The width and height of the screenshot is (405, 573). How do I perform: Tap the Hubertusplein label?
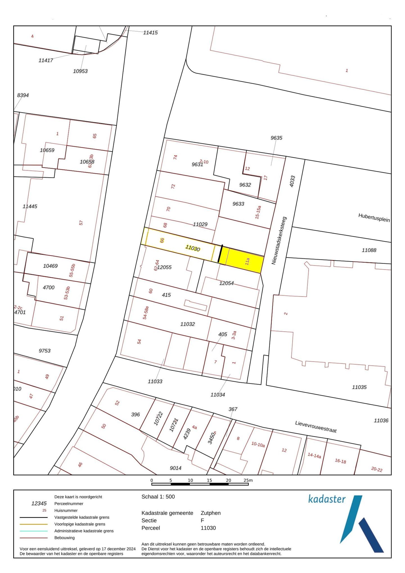374,217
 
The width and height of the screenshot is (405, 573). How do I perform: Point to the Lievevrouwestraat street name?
316,427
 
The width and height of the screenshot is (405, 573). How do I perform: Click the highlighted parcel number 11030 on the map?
193,248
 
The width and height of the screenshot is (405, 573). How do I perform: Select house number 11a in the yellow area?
247,261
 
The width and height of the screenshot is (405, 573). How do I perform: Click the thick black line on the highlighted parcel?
220,254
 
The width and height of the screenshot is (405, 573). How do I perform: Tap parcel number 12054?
226,283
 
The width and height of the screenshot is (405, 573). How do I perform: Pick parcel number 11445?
30,206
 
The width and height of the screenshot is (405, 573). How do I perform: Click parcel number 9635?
276,138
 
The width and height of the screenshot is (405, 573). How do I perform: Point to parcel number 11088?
369,250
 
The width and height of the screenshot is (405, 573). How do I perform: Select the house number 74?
175,157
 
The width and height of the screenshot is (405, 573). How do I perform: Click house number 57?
81,223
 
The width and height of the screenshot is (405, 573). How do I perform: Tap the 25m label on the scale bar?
248,480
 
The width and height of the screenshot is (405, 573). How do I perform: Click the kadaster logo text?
327,499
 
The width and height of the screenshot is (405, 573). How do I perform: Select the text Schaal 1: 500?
158,497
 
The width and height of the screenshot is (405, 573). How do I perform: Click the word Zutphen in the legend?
210,513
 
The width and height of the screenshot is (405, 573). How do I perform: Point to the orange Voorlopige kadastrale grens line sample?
33,524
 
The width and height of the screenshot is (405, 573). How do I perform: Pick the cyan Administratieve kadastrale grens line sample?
33,531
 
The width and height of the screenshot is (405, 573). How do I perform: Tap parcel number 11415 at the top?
150,33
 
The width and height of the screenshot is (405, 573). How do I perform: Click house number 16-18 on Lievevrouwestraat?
340,461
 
